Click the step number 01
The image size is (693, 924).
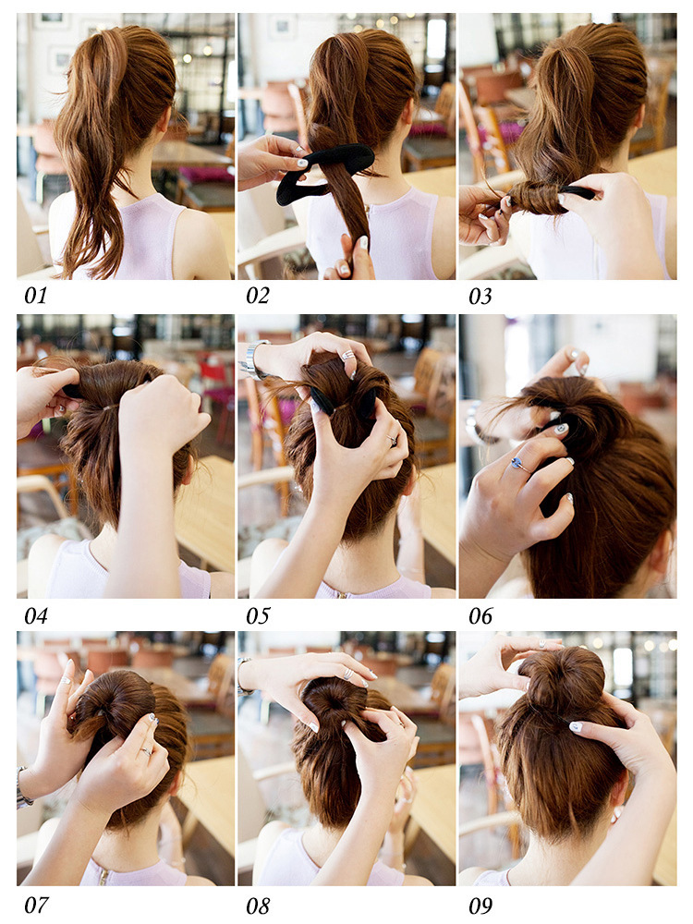[x=35, y=296]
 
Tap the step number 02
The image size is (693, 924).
[x=258, y=296]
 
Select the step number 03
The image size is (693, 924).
[x=480, y=296]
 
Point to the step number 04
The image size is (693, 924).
[x=35, y=616]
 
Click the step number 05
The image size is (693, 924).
[x=258, y=616]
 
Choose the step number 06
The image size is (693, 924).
[x=480, y=616]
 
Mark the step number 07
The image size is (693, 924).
[x=35, y=906]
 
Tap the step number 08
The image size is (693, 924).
[x=258, y=906]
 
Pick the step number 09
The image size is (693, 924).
[x=480, y=906]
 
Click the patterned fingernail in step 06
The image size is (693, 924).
[x=561, y=429]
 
